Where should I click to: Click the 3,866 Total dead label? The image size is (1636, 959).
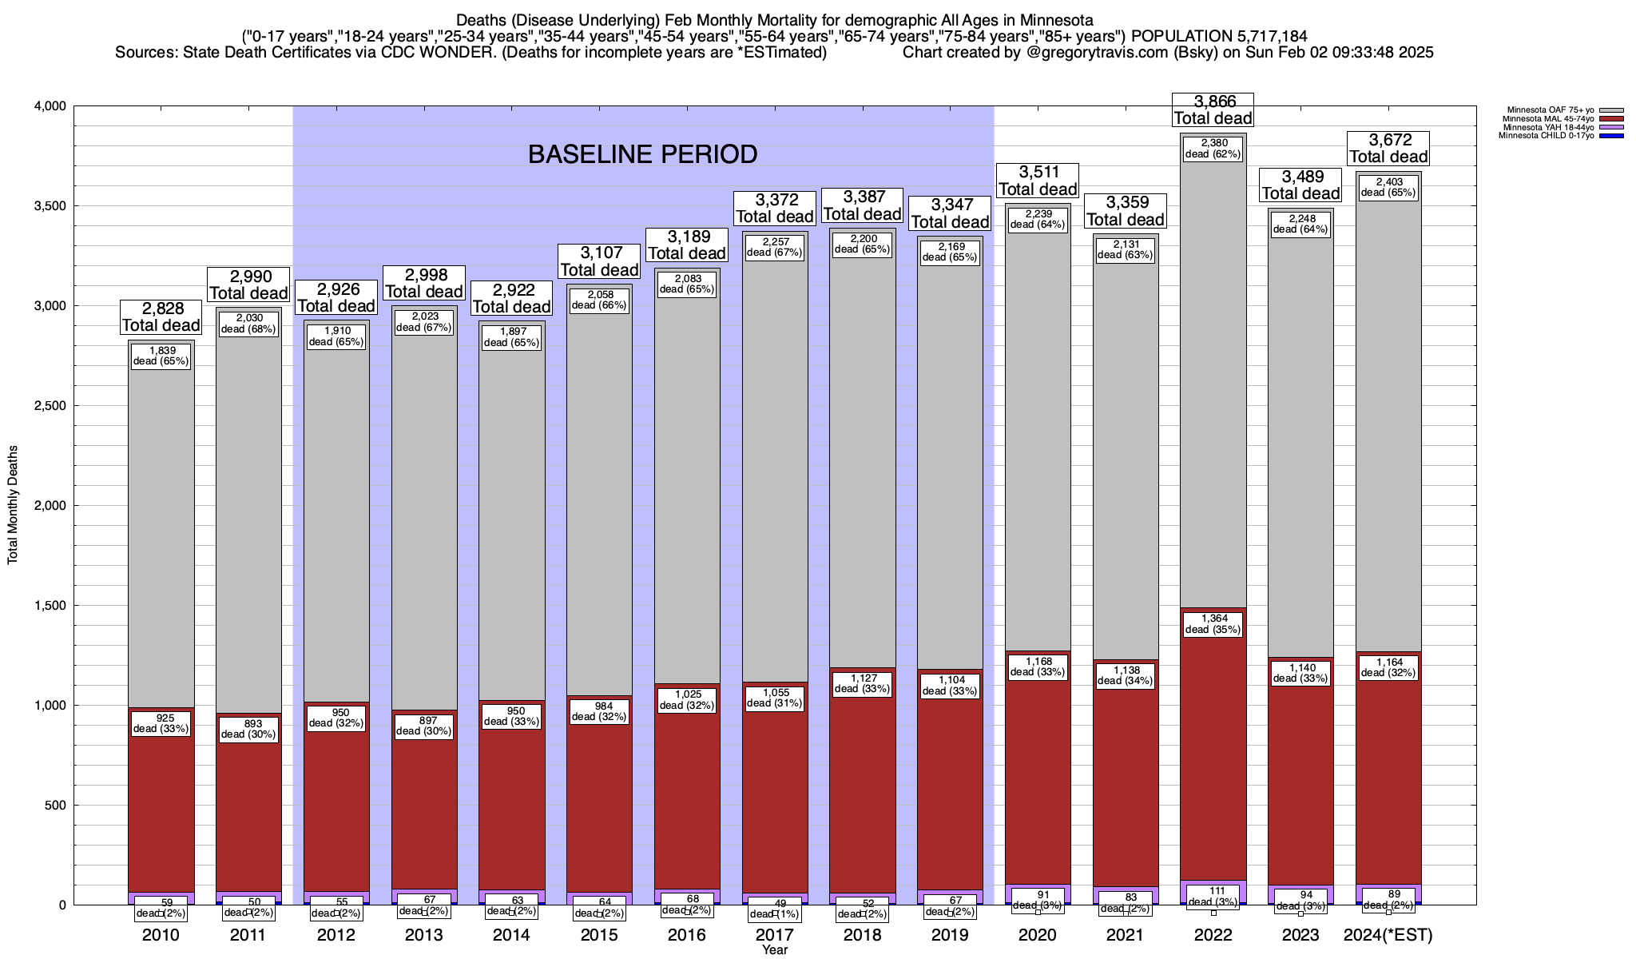(x=1213, y=109)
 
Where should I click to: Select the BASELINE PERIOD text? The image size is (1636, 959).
(x=642, y=154)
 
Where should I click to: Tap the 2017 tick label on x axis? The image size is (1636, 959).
(x=774, y=934)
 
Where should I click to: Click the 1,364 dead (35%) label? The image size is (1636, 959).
(x=1213, y=623)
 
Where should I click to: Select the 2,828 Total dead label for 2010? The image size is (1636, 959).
(x=161, y=316)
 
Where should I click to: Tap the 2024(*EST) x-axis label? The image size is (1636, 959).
(x=1388, y=934)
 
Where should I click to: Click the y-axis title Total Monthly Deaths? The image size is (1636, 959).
(x=13, y=505)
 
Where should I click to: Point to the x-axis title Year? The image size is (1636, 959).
(x=774, y=949)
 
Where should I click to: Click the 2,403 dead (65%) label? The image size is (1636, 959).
(x=1388, y=187)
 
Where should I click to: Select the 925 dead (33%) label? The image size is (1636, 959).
(x=161, y=722)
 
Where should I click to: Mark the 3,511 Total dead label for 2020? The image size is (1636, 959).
(x=1038, y=181)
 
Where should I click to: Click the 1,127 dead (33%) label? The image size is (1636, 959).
(x=862, y=682)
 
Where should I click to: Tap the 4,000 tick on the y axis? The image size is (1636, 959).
(x=50, y=106)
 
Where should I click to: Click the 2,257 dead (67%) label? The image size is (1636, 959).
(x=774, y=247)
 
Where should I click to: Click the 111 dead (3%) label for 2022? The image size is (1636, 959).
(x=1213, y=896)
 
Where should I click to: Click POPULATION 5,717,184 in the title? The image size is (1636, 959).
(x=1219, y=36)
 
